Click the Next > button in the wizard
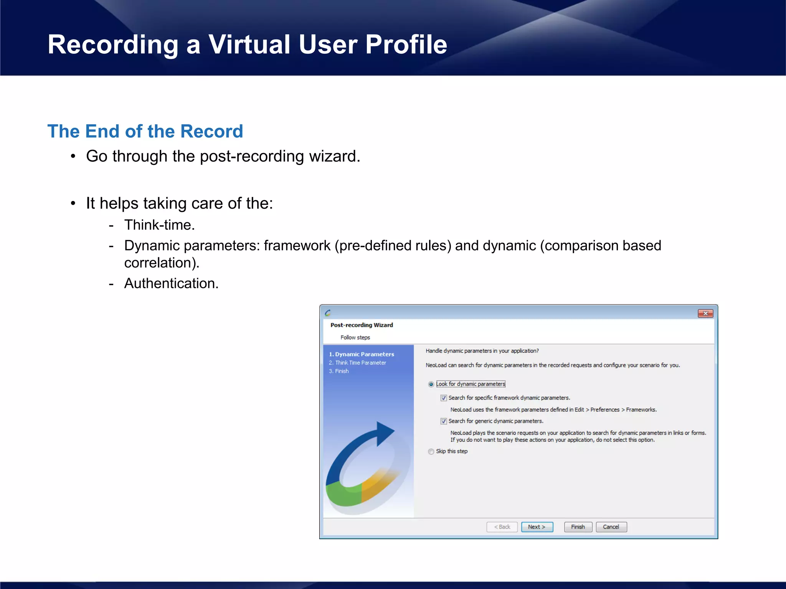[537, 527]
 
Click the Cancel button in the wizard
[611, 527]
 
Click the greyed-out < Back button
[502, 527]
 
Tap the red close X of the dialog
[705, 313]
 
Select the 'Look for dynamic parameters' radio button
[431, 384]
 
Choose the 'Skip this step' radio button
[431, 451]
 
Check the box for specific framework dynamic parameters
[444, 398]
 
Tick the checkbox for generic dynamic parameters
[444, 421]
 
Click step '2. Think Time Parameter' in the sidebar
[357, 363]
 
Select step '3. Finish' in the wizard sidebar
[339, 371]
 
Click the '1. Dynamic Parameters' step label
[362, 354]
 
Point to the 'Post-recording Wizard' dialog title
[362, 325]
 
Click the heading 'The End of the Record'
[145, 131]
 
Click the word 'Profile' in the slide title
[406, 44]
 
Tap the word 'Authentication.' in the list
[171, 283]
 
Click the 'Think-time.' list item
[159, 225]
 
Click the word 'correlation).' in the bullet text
[162, 263]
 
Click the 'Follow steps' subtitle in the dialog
[355, 337]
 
